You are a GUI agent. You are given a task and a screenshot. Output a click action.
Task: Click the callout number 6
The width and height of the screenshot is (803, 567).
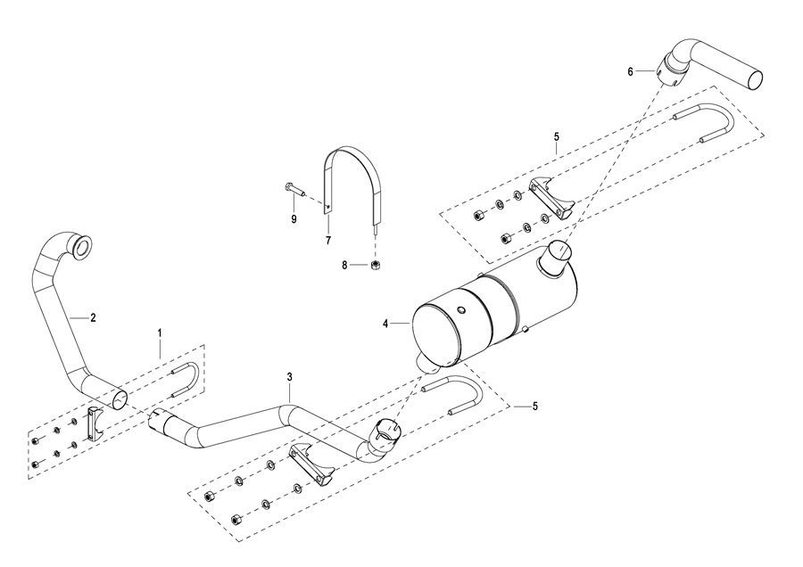point(631,72)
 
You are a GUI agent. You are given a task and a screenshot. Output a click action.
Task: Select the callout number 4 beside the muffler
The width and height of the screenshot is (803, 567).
point(385,324)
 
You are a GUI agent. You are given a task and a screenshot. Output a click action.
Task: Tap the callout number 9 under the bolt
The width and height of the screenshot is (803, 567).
point(294,219)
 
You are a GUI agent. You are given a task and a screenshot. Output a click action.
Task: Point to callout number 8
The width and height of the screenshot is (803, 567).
point(344,265)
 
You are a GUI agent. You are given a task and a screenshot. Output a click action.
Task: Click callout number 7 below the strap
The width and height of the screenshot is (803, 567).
point(327,240)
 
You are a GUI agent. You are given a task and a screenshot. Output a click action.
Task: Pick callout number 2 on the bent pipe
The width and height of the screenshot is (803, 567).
point(93,317)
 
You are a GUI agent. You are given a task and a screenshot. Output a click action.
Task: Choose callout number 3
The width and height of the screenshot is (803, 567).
point(289,377)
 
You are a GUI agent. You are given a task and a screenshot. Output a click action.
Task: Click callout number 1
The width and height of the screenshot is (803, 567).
point(160,333)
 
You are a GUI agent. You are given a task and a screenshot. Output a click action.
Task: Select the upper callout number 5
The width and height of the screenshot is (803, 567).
point(557,136)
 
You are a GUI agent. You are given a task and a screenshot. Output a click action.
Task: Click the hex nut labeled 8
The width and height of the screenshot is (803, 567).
point(375,265)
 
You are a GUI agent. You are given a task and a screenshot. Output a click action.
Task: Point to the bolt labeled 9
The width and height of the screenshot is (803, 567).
point(294,190)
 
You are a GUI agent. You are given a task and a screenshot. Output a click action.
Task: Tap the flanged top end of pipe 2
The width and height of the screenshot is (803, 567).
point(81,244)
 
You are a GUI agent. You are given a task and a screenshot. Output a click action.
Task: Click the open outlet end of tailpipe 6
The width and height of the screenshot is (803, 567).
point(755,80)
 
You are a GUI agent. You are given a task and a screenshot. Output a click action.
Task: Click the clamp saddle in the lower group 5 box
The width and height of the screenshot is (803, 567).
point(312,465)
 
